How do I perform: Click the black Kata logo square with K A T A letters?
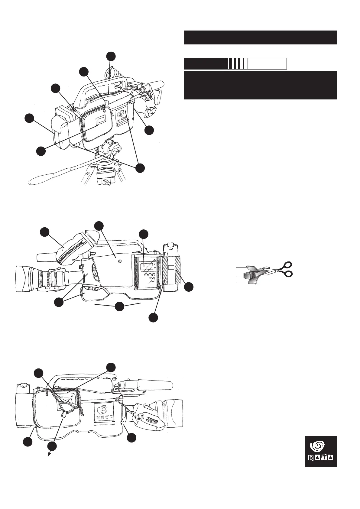tap(321, 451)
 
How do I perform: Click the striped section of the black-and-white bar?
tap(236, 64)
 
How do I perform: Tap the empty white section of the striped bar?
tap(267, 64)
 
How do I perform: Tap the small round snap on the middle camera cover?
tap(120, 257)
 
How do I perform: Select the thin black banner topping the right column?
tap(260, 37)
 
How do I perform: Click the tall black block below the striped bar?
tap(260, 85)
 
